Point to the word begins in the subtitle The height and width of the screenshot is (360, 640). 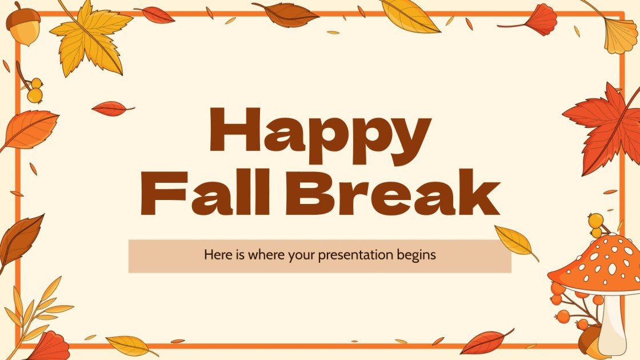(x=417, y=255)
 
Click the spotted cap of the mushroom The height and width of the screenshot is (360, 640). (x=600, y=263)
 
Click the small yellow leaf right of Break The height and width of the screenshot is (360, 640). (x=514, y=241)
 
